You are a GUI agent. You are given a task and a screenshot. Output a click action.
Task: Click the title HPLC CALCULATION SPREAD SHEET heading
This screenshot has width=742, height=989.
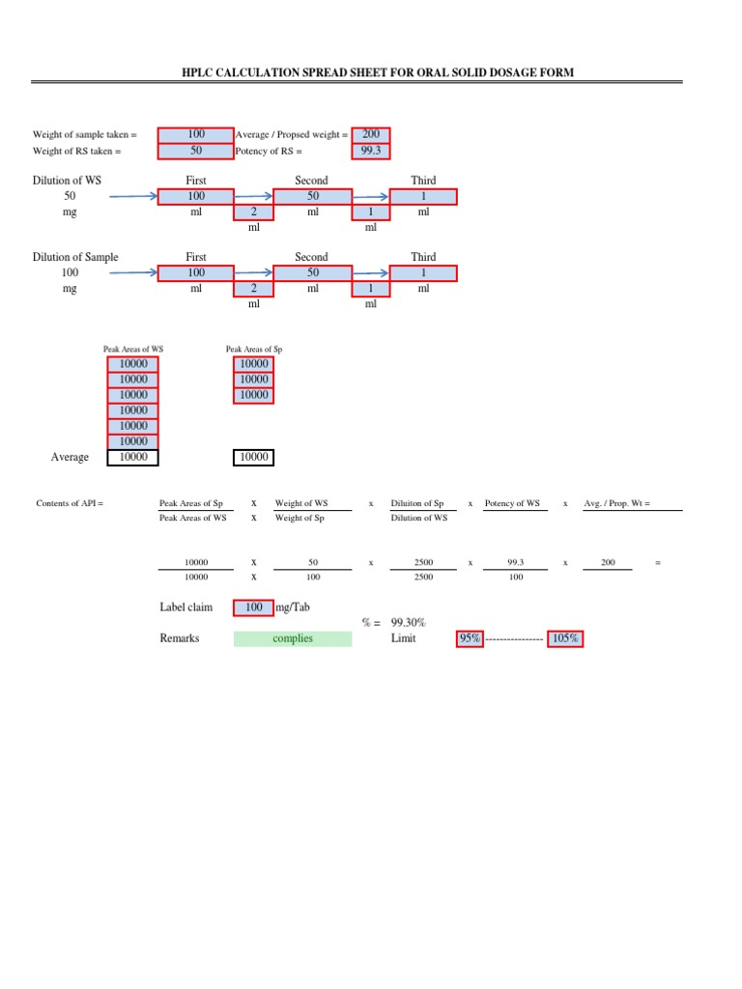point(371,72)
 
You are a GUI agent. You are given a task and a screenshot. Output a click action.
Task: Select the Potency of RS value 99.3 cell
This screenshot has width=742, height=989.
point(371,151)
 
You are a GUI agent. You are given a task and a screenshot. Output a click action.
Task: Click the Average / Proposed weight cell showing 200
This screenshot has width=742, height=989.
point(371,135)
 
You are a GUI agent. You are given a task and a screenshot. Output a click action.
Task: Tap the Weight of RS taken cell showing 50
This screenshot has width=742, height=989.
point(196,151)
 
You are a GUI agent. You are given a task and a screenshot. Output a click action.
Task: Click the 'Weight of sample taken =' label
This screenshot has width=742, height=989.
point(85,135)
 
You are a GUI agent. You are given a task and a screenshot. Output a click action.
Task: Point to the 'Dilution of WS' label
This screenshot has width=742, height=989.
point(67,181)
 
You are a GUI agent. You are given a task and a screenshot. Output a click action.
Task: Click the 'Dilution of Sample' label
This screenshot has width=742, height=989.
point(76,257)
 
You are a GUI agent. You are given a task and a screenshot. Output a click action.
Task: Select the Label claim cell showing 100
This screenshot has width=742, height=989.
point(254,608)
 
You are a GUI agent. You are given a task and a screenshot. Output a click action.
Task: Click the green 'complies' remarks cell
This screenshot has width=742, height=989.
point(293,638)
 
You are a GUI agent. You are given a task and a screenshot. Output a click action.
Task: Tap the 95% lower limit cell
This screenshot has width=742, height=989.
point(470,638)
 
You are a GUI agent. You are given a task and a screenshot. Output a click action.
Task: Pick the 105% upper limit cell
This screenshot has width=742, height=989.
point(566,638)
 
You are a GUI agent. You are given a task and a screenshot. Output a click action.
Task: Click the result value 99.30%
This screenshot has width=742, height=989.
point(409,623)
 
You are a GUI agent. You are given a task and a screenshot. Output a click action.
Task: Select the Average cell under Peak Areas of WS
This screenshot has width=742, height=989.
point(133,457)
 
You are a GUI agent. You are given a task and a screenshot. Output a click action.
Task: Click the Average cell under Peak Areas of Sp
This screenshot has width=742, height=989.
point(254,457)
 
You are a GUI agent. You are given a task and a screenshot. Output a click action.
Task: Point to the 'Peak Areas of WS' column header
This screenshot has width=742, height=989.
point(133,349)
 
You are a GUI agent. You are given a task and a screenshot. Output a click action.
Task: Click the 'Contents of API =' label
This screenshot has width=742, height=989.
point(70,503)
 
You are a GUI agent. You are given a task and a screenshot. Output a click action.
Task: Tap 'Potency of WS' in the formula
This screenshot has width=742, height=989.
point(512,503)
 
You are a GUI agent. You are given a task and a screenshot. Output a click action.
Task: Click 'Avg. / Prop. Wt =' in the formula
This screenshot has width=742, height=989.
point(617,503)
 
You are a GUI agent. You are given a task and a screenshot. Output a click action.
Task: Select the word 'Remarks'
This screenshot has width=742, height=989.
point(180,638)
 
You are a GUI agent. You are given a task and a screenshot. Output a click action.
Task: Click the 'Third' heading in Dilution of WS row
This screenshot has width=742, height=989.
point(423,181)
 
